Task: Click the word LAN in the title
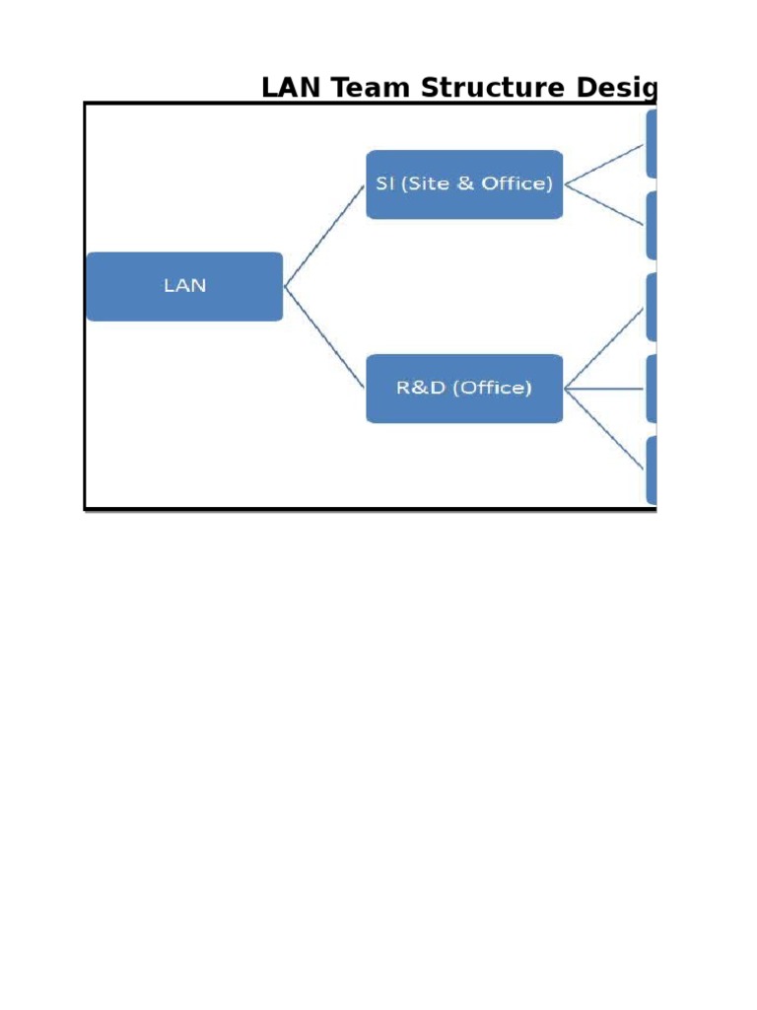pos(293,89)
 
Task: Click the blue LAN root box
pos(184,286)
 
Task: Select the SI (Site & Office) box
pos(463,184)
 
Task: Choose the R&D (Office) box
pos(463,389)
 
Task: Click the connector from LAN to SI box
pos(325,235)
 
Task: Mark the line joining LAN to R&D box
pos(325,337)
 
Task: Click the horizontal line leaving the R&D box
pos(605,389)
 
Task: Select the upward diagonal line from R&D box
pos(605,347)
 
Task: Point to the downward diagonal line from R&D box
pos(605,430)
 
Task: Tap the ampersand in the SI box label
pos(466,183)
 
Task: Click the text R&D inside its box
pos(418,388)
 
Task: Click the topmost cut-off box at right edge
pos(652,144)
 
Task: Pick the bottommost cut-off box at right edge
pos(652,470)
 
